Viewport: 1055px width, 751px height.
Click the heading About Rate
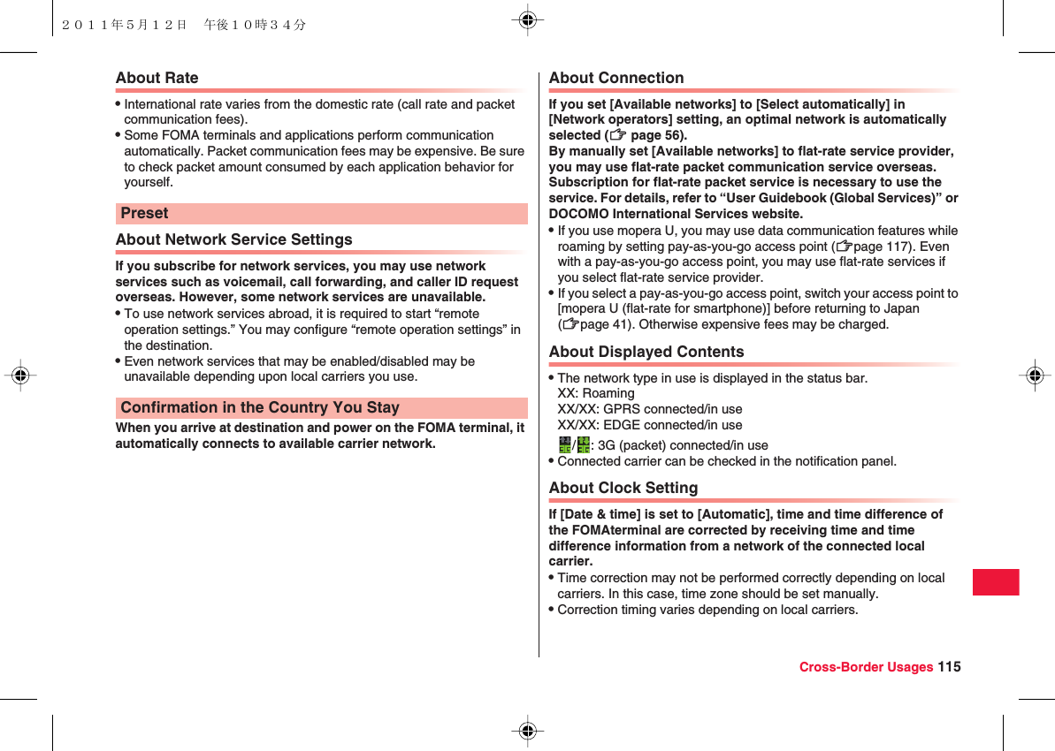(x=157, y=78)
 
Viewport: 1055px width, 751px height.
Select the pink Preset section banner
(x=321, y=214)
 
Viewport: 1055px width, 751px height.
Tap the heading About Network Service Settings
(x=233, y=239)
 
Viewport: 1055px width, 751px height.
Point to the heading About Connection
(x=615, y=78)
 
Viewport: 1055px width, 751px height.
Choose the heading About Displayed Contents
(x=646, y=352)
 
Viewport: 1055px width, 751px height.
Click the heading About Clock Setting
(x=623, y=488)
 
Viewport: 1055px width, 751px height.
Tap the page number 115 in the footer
(x=950, y=667)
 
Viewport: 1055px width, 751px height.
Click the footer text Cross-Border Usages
(x=865, y=667)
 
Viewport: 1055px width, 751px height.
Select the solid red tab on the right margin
(x=996, y=582)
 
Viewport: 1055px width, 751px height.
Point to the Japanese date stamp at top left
(x=184, y=25)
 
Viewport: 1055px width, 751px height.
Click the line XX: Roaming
(x=595, y=393)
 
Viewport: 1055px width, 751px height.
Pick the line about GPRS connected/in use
(x=649, y=409)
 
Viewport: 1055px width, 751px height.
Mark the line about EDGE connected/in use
(x=649, y=425)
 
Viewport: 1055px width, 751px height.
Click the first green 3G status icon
(x=563, y=444)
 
